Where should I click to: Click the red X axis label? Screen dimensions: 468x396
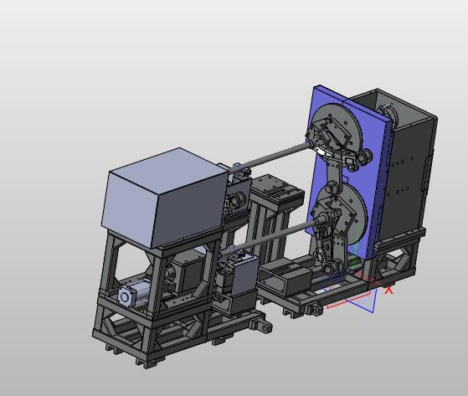coord(388,290)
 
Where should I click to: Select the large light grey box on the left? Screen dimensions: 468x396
coord(165,198)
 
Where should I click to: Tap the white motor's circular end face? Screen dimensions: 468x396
coord(125,296)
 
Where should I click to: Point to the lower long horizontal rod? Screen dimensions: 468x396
coord(266,238)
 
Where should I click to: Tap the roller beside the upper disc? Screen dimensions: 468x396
coord(366,155)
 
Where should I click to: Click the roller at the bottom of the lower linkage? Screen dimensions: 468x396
coord(331,268)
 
